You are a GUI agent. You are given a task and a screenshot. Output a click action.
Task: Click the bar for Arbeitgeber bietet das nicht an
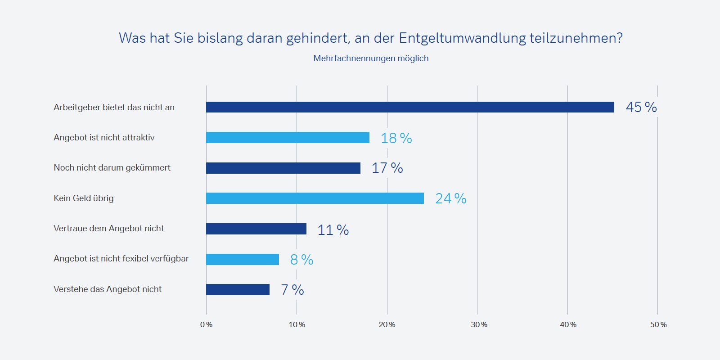click(x=410, y=107)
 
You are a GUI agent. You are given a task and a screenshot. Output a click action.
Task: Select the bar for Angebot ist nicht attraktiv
click(x=288, y=137)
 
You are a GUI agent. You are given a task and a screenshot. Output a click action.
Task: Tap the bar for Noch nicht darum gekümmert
click(x=283, y=168)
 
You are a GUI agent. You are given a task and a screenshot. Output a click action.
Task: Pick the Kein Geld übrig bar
click(x=315, y=198)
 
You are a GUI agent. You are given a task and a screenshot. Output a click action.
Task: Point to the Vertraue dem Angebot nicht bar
click(x=256, y=229)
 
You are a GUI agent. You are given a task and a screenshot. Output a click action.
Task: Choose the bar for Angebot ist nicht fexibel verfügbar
click(x=243, y=259)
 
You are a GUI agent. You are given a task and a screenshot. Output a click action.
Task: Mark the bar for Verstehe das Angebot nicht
click(x=238, y=289)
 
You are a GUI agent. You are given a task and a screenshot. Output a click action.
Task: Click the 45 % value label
click(x=641, y=107)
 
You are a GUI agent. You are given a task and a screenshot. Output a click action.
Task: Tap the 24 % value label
click(x=450, y=198)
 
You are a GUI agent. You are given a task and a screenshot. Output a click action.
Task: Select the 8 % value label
click(x=301, y=260)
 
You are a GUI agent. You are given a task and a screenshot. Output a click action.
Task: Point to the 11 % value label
click(x=333, y=230)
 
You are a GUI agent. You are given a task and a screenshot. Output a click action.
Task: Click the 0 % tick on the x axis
click(x=206, y=325)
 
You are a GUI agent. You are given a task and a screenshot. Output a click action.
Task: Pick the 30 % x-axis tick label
click(x=479, y=325)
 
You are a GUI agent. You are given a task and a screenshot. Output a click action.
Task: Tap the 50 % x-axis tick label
click(x=658, y=325)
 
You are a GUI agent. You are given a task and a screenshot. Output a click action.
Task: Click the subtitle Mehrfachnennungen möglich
click(x=371, y=58)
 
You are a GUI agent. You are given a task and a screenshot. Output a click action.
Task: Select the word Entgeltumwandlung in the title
click(x=462, y=38)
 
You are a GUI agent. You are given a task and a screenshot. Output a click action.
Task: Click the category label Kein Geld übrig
click(x=84, y=198)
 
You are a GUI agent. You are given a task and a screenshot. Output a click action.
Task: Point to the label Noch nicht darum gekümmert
click(x=112, y=168)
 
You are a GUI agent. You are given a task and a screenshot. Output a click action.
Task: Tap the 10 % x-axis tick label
click(x=297, y=325)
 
